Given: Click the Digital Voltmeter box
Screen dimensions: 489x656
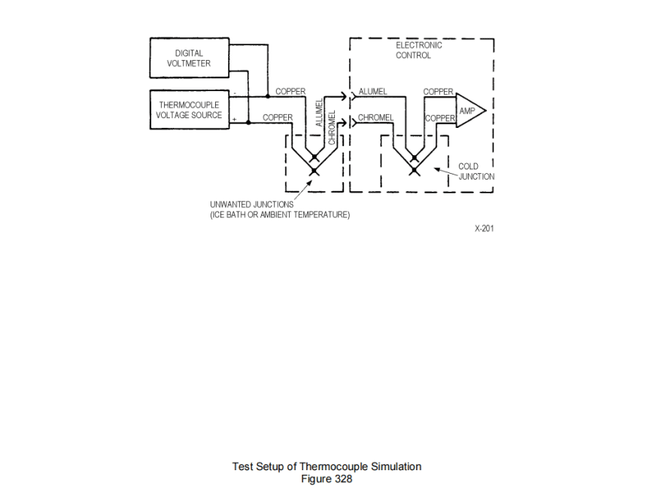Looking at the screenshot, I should tap(189, 59).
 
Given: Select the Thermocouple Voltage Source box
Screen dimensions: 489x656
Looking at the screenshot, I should tap(189, 110).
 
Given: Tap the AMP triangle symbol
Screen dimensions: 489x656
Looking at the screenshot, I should tap(468, 111).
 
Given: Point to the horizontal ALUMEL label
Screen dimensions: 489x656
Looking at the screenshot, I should tap(372, 92).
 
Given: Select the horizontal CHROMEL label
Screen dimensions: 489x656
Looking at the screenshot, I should tap(375, 118).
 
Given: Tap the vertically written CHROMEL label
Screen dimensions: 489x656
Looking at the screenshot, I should tap(333, 127).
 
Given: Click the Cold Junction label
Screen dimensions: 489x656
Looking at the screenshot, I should tap(475, 172).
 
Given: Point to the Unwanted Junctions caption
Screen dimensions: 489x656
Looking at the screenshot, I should tap(252, 205).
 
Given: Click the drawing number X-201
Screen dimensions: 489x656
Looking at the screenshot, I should tap(484, 228).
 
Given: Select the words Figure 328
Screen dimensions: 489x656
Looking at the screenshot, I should tap(326, 478).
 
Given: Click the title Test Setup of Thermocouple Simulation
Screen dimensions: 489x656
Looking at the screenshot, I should tap(326, 466).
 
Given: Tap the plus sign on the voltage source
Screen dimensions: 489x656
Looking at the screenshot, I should tap(235, 120).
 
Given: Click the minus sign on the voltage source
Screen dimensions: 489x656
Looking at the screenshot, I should tap(235, 94).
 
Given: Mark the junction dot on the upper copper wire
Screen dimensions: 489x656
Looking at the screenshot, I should tap(268, 97).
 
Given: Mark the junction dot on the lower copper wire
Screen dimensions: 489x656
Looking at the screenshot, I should tap(249, 123).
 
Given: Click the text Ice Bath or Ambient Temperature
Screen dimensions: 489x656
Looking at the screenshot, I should tap(280, 215).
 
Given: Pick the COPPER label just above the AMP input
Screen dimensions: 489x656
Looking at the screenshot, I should tap(439, 92).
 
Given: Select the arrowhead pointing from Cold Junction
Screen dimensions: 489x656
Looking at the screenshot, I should tap(439, 168).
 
